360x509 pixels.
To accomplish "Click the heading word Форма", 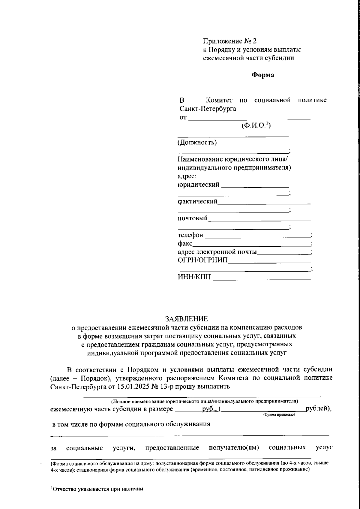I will click(x=262, y=75).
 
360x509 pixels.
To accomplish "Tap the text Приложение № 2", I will click(x=230, y=41).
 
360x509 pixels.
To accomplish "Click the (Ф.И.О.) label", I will click(x=256, y=126).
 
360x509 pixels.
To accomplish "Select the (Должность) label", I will click(x=197, y=142).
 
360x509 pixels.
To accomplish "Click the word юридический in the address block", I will click(x=198, y=185).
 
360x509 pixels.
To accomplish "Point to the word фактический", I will click(x=197, y=201).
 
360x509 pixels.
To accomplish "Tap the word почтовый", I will click(x=193, y=218).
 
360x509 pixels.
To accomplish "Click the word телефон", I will click(x=190, y=235).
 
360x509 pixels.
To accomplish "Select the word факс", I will click(x=185, y=243).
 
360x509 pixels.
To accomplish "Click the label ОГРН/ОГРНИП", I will click(x=202, y=260).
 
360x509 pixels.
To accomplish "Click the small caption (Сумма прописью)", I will click(x=279, y=414).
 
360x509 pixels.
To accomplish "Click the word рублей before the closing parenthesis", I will click(x=316, y=409).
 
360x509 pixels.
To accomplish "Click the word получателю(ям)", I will click(x=234, y=448).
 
